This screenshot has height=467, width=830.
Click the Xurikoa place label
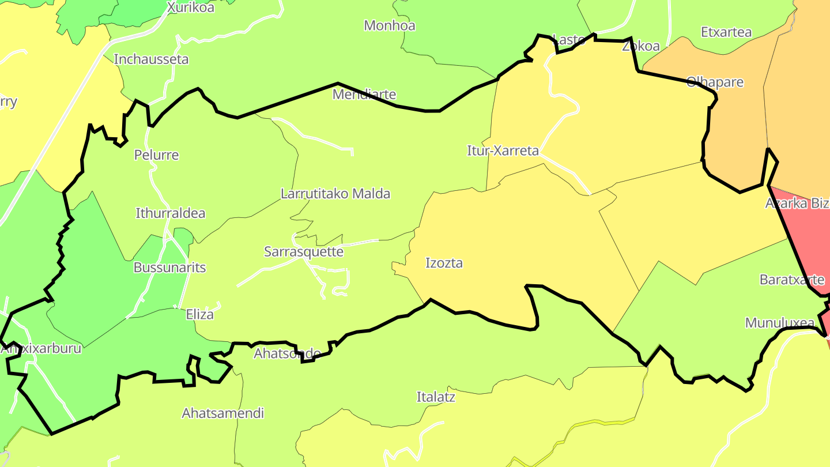(x=190, y=7)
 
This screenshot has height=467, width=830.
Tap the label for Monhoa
(x=390, y=25)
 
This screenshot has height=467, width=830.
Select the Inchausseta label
(x=151, y=59)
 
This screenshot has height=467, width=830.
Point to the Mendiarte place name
(x=364, y=94)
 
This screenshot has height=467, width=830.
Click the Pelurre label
(x=156, y=155)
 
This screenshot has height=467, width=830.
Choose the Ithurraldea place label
(x=170, y=213)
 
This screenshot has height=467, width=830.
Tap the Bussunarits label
(x=169, y=268)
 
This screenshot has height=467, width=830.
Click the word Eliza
(x=199, y=314)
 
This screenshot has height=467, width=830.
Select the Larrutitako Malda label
(x=335, y=194)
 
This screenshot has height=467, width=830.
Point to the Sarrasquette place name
(x=304, y=252)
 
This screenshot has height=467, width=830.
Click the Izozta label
(x=444, y=263)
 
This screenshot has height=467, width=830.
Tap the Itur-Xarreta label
(x=503, y=151)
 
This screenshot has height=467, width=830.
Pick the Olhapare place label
(x=715, y=82)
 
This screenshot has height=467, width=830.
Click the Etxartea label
(x=726, y=32)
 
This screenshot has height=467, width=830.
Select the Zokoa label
(x=641, y=47)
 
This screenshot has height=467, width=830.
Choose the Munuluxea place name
(x=780, y=323)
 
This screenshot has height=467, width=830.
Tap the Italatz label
(x=436, y=397)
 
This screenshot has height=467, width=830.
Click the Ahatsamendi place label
(x=223, y=413)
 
